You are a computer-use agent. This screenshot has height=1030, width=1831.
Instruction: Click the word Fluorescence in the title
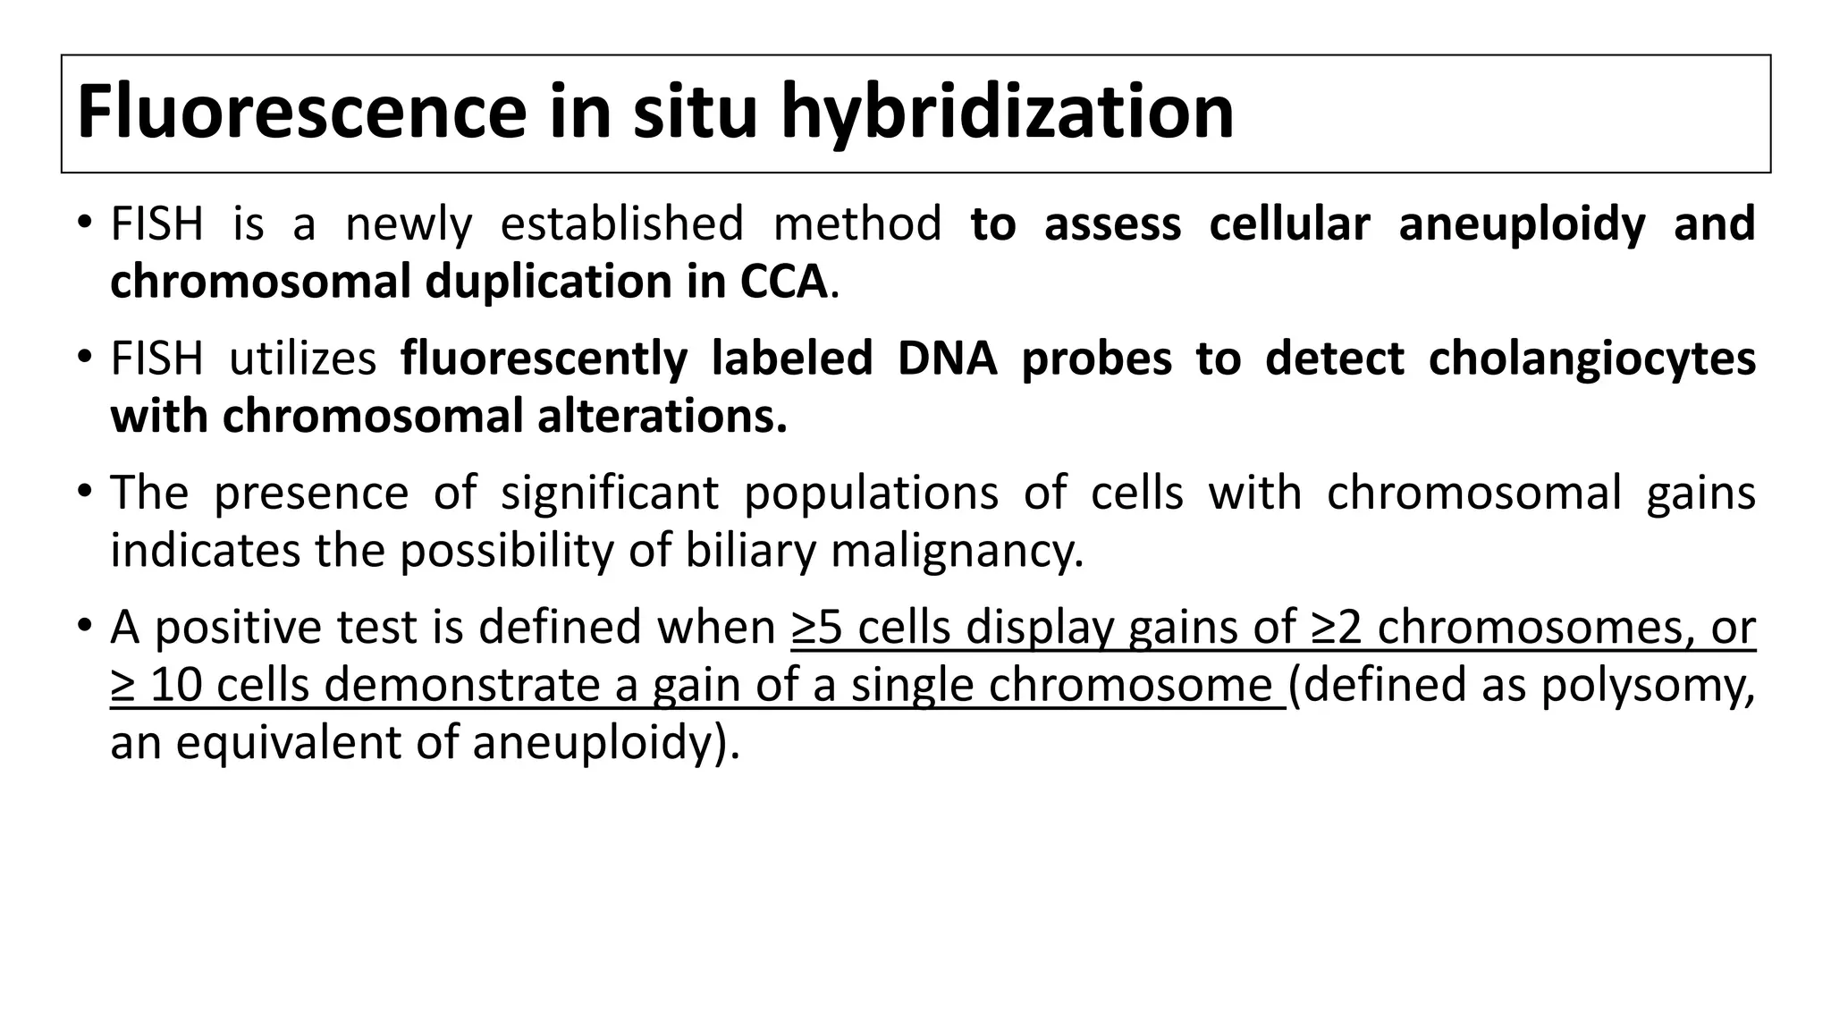pos(301,112)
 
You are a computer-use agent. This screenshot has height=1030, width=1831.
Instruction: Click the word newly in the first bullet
pos(409,224)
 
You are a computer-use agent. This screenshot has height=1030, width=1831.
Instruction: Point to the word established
pos(621,224)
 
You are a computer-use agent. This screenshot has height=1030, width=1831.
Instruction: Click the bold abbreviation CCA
pos(783,282)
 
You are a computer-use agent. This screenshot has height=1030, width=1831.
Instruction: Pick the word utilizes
pos(303,359)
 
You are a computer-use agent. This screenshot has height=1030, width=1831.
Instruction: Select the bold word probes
pos(1096,359)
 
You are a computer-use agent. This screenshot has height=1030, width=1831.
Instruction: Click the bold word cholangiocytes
pos(1591,359)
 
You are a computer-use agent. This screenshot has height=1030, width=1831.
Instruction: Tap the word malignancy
pos(957,552)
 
